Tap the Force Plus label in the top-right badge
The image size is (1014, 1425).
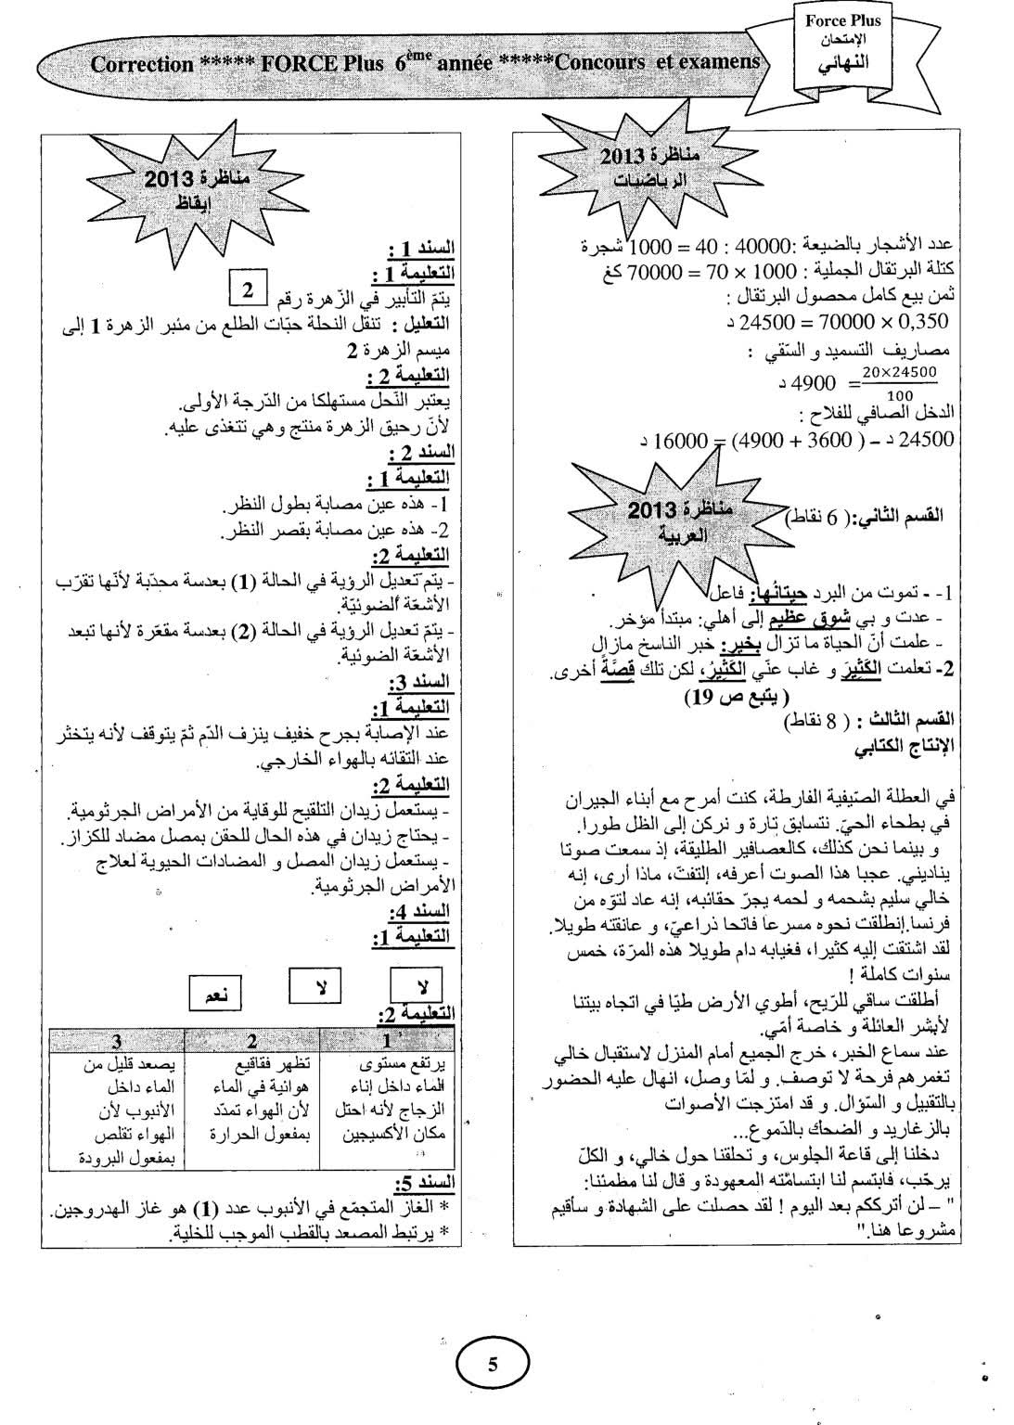(x=843, y=19)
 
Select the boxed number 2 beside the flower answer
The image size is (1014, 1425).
(x=248, y=290)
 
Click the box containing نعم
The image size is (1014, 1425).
(x=213, y=993)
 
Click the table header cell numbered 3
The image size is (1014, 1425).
(x=117, y=1041)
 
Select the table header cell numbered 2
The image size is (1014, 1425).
(x=252, y=1041)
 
